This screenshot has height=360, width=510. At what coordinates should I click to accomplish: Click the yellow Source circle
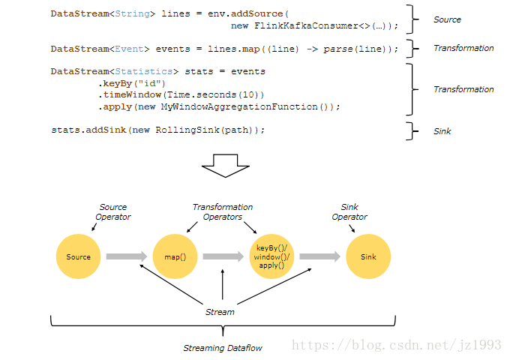coord(79,256)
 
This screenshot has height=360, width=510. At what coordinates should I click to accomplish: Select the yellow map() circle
coord(175,256)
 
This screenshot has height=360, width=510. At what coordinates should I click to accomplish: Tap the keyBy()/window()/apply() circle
coord(271,256)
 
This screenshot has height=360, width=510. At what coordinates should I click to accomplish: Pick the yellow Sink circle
coord(368,256)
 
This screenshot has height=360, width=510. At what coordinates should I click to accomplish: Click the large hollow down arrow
coord(226,165)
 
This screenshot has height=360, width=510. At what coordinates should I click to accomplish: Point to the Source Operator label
coord(113,211)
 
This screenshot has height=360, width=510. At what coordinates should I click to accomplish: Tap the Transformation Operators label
coord(223,211)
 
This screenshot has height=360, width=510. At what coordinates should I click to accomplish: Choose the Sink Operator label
coord(349,211)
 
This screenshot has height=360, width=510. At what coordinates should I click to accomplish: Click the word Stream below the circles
coord(220,311)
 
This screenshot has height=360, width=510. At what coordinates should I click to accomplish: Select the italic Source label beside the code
coord(447,19)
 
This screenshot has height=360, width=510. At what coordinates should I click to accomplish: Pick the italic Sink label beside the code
coord(442,131)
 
